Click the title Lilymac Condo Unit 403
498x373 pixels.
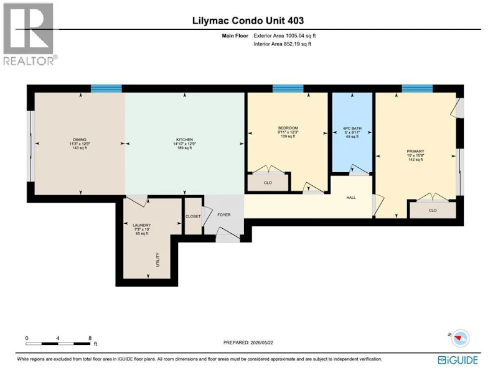(x=248, y=21)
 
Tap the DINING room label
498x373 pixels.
(x=80, y=139)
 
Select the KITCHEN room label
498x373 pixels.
(x=184, y=139)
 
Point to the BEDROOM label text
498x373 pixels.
(x=288, y=128)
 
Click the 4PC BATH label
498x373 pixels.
(x=352, y=129)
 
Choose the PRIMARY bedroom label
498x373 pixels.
(x=415, y=151)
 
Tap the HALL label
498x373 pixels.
(x=351, y=197)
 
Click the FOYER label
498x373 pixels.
(x=224, y=214)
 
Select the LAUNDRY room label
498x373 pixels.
(x=142, y=225)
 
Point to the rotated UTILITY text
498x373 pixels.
(x=158, y=259)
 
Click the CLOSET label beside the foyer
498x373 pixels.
(x=193, y=216)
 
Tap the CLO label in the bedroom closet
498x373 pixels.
(x=268, y=183)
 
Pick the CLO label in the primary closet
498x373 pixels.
(x=433, y=210)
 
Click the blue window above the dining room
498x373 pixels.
(x=106, y=88)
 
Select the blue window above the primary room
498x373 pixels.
(x=417, y=88)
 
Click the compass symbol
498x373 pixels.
(x=460, y=338)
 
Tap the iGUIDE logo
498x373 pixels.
(x=458, y=360)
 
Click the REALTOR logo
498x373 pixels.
(x=30, y=34)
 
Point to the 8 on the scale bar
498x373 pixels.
(x=90, y=338)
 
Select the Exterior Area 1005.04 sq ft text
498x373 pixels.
(x=284, y=36)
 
